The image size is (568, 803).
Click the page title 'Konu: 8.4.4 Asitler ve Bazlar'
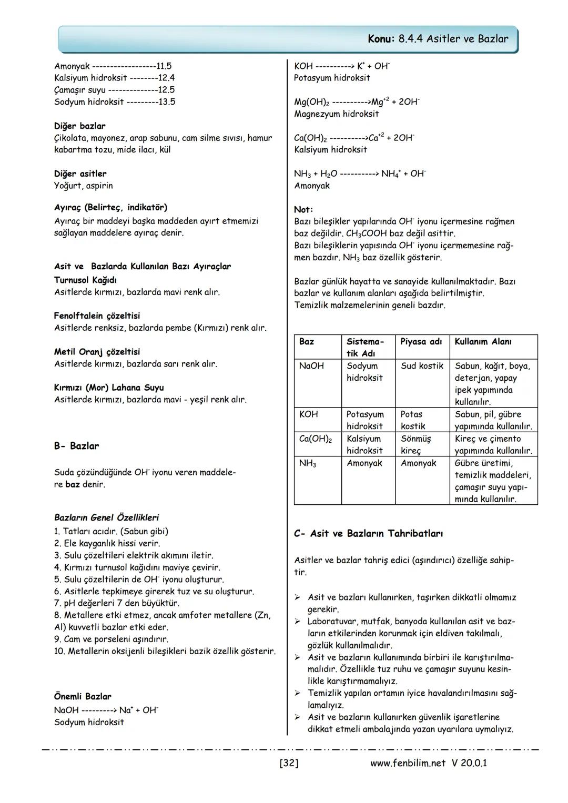coord(439,39)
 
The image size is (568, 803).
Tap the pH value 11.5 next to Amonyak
coord(164,66)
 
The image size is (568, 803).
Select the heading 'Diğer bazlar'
coord(79,126)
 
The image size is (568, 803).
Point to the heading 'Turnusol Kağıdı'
coord(85,280)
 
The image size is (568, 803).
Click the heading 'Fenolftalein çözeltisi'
coord(97,316)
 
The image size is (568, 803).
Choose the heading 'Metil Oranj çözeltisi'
coord(97,352)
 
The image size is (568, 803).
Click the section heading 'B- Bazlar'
coord(76,446)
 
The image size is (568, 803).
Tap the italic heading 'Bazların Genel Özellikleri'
coord(106,517)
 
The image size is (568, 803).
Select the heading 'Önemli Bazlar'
coord(83,697)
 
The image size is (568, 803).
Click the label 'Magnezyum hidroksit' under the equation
coord(336,114)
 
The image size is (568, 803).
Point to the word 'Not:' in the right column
coord(303,209)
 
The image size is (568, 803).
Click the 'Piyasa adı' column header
coord(421,342)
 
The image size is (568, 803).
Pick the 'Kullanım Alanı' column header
coord(483,342)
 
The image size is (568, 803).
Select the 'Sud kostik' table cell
coord(422,366)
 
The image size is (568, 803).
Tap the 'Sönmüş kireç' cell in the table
coord(415,445)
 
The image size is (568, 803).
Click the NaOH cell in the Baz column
coord(311,366)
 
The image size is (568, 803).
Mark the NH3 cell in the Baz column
coord(308,464)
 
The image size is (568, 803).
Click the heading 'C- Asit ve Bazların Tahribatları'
coord(368,534)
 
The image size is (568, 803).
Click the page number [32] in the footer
coord(289,763)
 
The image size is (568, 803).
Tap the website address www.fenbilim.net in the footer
coord(408,763)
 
